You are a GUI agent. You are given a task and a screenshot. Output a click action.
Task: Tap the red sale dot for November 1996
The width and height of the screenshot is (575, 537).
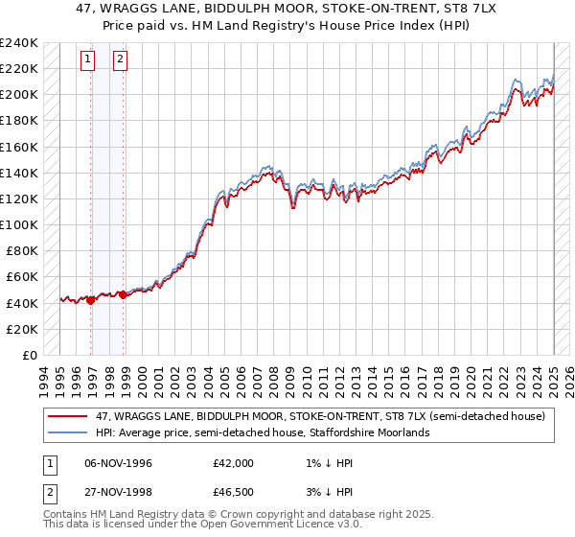91,300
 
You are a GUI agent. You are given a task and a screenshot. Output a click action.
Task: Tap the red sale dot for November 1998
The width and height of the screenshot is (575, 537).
124,295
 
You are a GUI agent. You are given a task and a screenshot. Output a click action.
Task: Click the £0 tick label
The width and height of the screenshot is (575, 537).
29,355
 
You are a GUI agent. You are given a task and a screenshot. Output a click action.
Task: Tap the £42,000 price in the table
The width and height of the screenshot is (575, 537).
234,462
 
